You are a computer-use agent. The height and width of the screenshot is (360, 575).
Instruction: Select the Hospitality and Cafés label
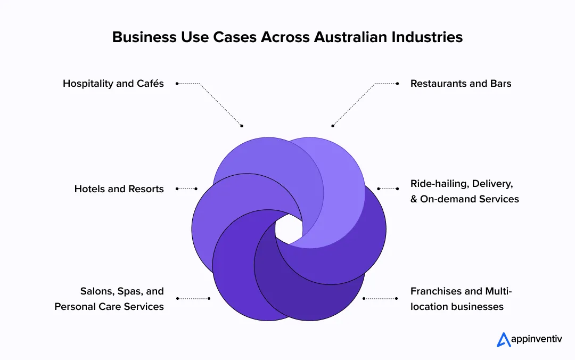point(113,84)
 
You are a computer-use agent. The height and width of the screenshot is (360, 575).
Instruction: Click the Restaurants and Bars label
point(461,84)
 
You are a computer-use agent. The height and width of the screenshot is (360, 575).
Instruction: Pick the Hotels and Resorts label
point(119,189)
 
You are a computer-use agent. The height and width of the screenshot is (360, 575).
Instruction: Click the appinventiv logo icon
point(504,340)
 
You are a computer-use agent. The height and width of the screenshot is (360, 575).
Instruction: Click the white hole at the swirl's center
point(289,230)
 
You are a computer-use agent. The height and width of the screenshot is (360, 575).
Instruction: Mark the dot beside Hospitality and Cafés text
point(177,84)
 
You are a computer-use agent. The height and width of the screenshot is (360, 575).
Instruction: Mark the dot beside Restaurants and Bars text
point(397,84)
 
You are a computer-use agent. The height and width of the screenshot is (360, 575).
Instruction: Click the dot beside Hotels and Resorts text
point(177,189)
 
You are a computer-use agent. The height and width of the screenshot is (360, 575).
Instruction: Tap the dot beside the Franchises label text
point(397,299)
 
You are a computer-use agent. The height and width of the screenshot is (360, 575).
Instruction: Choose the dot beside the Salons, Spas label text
point(177,299)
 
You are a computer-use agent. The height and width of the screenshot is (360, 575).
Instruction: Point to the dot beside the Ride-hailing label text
point(397,189)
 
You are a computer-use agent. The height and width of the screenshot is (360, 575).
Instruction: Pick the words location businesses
point(457,307)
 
